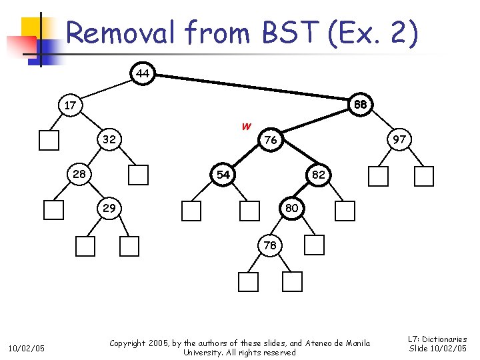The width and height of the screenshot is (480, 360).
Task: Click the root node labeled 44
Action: coord(142,73)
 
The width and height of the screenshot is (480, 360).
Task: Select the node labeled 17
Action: coord(70,105)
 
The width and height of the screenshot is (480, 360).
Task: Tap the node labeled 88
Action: coord(361,105)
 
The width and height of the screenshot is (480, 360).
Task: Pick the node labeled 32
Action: coord(109,140)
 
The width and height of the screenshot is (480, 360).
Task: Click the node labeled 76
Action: coord(270,140)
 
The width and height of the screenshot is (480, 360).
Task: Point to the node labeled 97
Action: coord(399,140)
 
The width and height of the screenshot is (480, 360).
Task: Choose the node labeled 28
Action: coord(79,174)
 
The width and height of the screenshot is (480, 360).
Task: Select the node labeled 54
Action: coord(223,175)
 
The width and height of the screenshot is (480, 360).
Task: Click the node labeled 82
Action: coord(318,175)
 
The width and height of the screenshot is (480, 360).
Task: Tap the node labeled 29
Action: coord(109,208)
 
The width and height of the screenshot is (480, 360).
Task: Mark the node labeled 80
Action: coord(291,208)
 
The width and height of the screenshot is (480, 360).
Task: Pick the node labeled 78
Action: coord(269,245)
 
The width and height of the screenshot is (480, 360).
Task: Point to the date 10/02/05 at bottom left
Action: coord(25,347)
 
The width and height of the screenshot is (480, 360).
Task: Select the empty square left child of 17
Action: coord(49,141)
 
